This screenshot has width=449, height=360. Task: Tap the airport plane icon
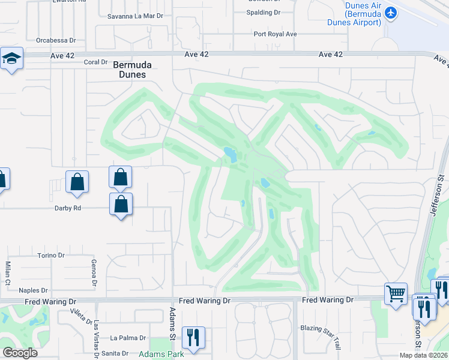(x=391, y=13)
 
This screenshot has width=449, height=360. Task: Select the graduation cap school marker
(x=11, y=59)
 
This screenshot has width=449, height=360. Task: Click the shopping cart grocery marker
(x=396, y=294)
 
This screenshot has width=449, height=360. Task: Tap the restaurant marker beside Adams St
(x=193, y=337)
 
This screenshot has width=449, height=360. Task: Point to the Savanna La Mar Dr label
(x=136, y=16)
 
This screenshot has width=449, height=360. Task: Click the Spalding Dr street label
(x=264, y=12)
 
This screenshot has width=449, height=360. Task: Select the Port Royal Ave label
(x=275, y=34)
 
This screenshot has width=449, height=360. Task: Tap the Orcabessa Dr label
(x=56, y=41)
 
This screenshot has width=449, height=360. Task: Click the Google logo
(x=20, y=353)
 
